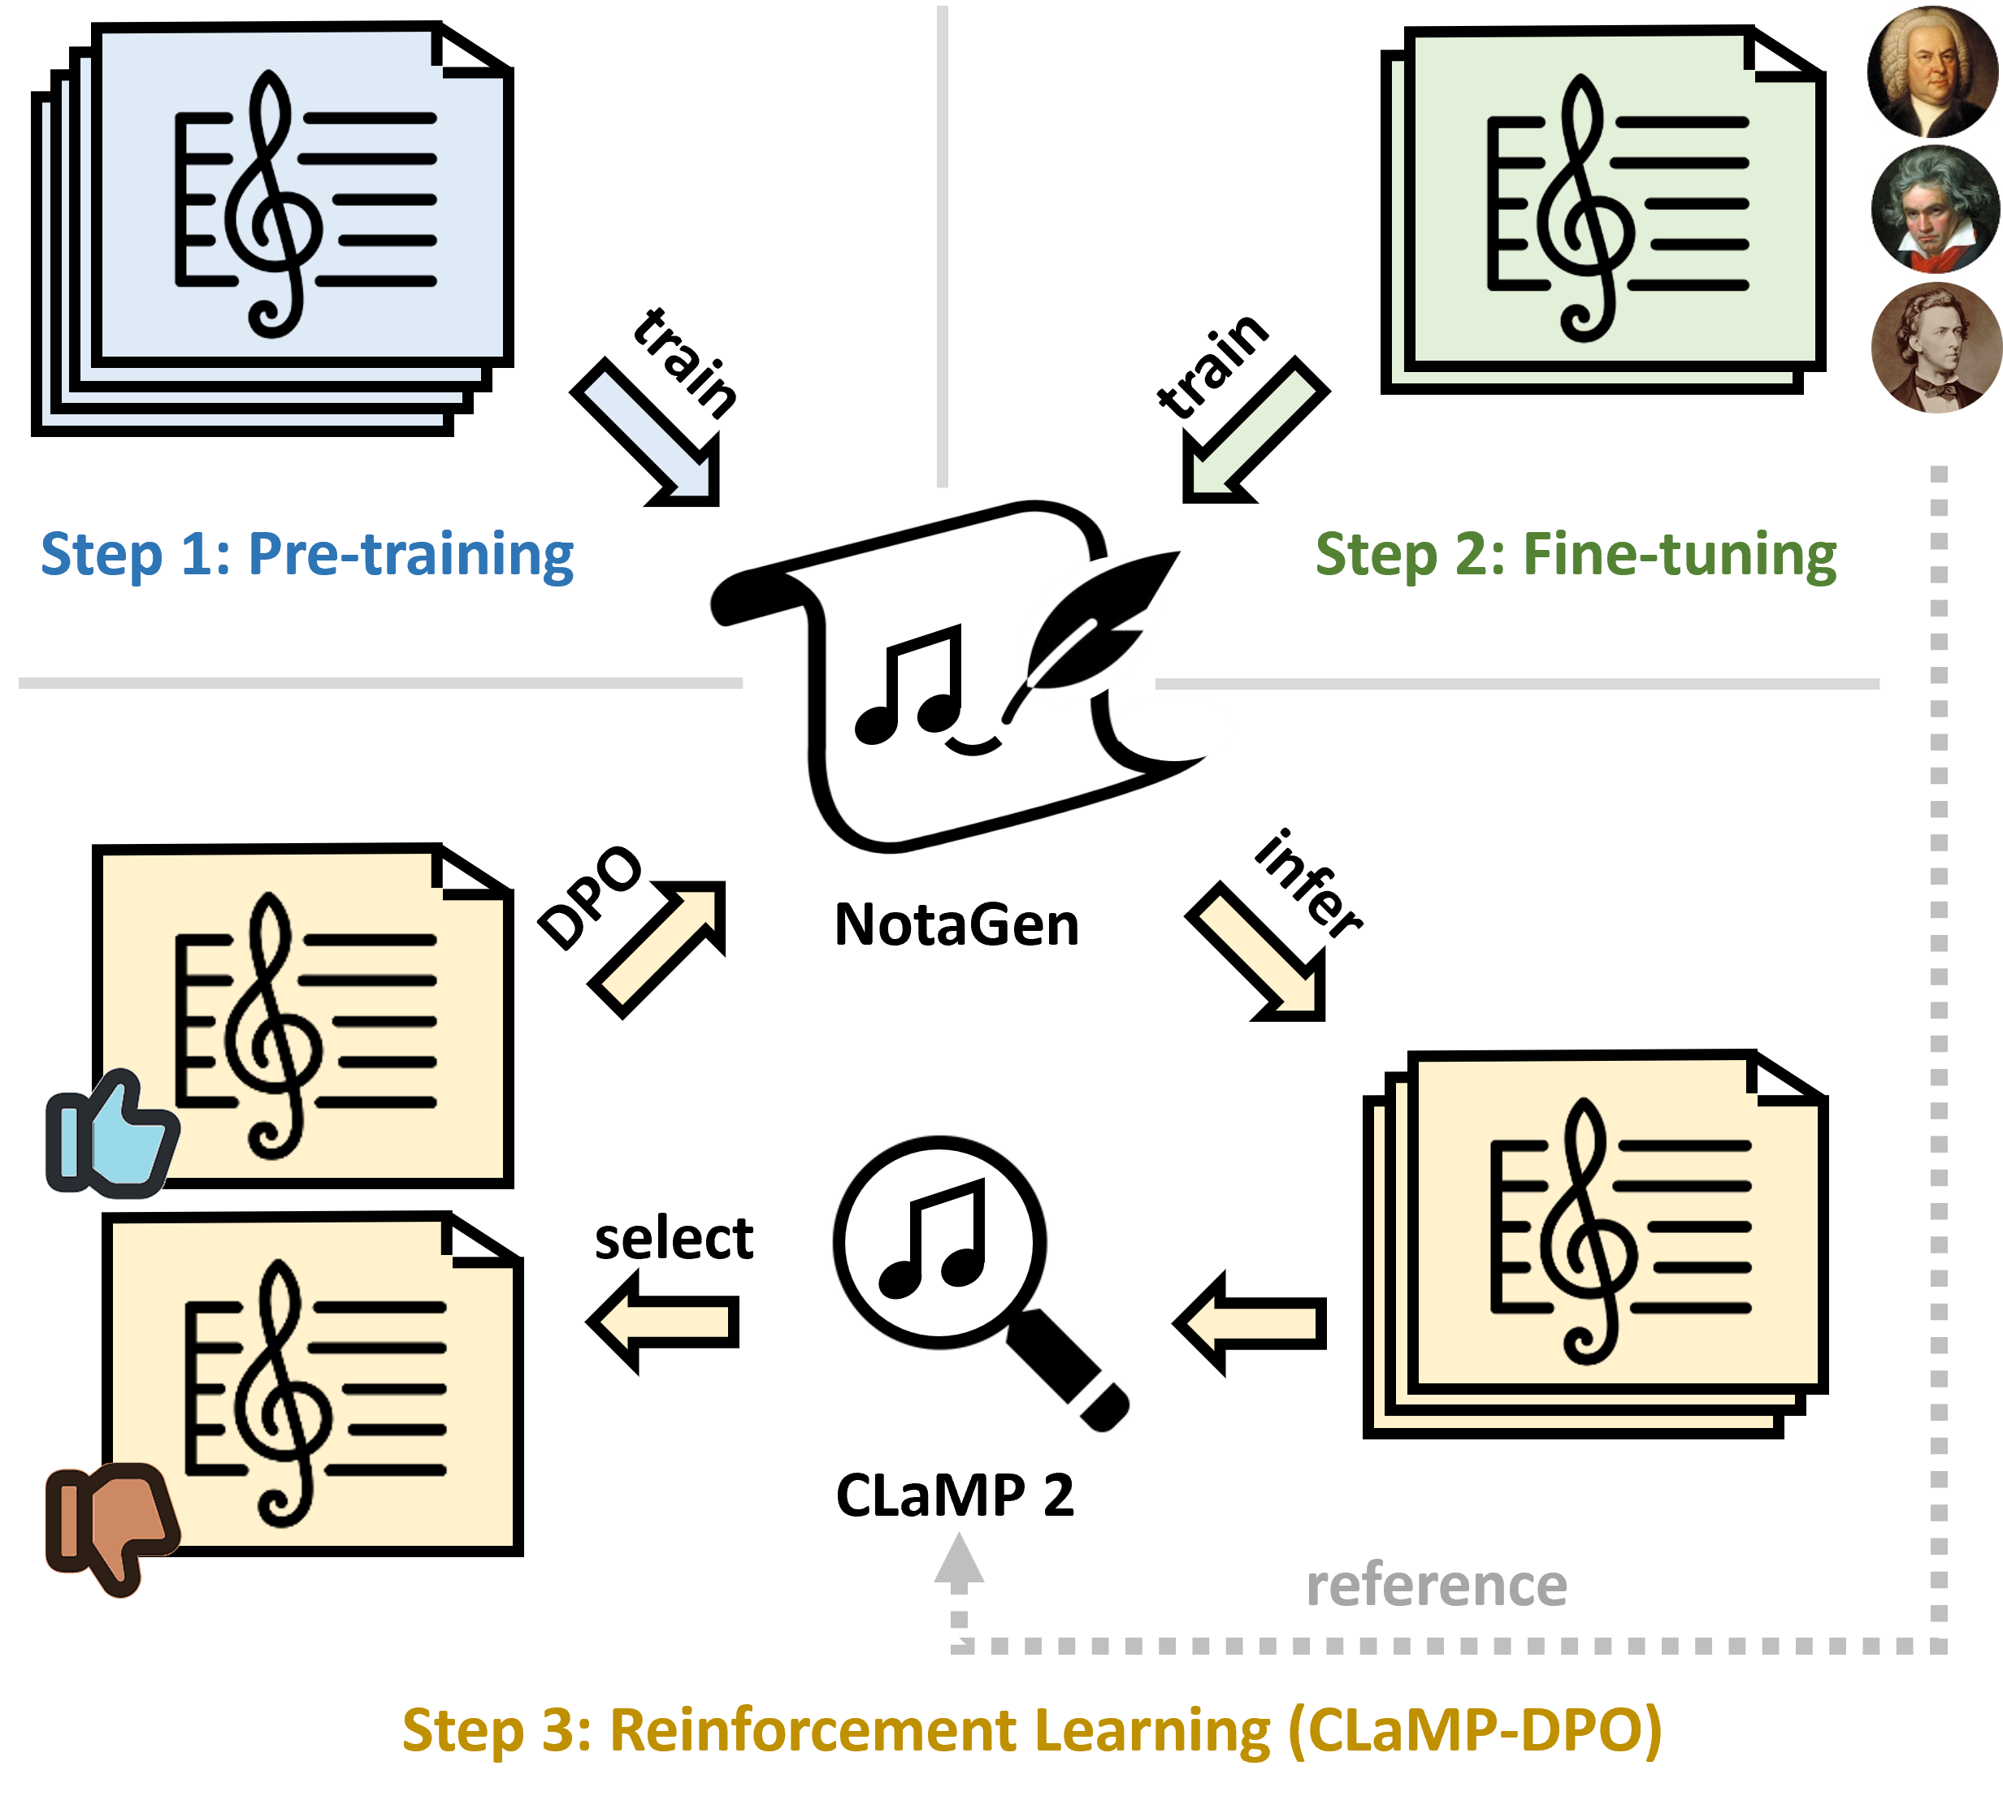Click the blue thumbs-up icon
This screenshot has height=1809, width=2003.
pyautogui.click(x=111, y=1135)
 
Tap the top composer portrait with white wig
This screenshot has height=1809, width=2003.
pyautogui.click(x=1932, y=71)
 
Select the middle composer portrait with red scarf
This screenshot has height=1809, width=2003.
pyautogui.click(x=1932, y=210)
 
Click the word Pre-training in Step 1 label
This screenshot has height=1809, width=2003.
pyautogui.click(x=410, y=554)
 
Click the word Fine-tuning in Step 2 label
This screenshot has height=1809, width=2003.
pyautogui.click(x=1679, y=554)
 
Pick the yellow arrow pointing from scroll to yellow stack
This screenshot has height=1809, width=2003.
pyautogui.click(x=1258, y=954)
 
